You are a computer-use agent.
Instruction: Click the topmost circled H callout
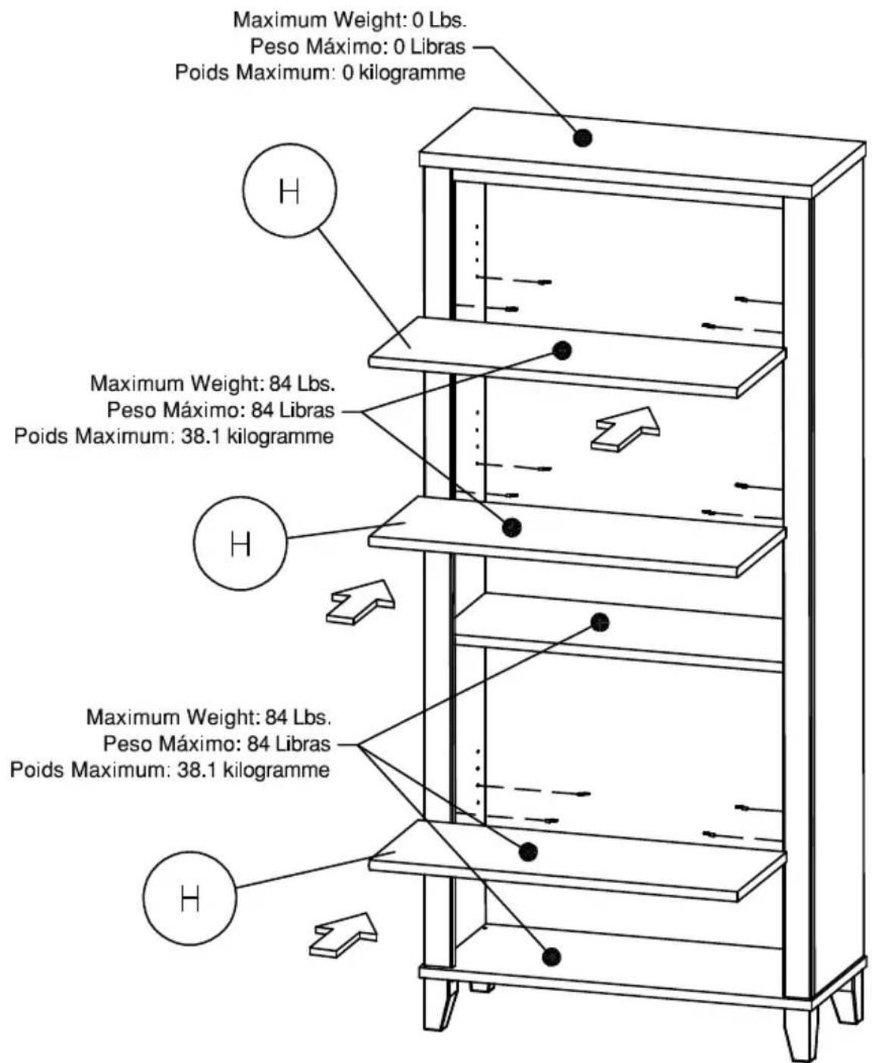tap(289, 191)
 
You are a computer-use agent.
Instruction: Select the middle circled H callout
tap(240, 543)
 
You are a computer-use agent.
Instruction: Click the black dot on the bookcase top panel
tap(583, 137)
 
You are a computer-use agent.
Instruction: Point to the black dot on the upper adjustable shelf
tap(562, 351)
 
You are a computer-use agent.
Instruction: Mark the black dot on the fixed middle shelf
tap(600, 622)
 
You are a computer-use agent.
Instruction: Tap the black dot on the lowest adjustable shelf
tap(528, 853)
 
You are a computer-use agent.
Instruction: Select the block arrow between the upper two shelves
tap(625, 429)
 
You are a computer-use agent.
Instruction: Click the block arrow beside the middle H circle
tap(361, 603)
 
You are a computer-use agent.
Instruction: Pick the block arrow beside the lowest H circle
tap(343, 935)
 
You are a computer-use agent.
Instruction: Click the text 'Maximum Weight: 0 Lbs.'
tap(350, 20)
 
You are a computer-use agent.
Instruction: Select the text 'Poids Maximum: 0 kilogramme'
tap(320, 73)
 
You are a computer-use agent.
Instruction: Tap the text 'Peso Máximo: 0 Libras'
tap(358, 47)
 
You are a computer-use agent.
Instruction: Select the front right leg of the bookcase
tap(797, 1026)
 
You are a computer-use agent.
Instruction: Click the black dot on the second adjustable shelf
tap(512, 528)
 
